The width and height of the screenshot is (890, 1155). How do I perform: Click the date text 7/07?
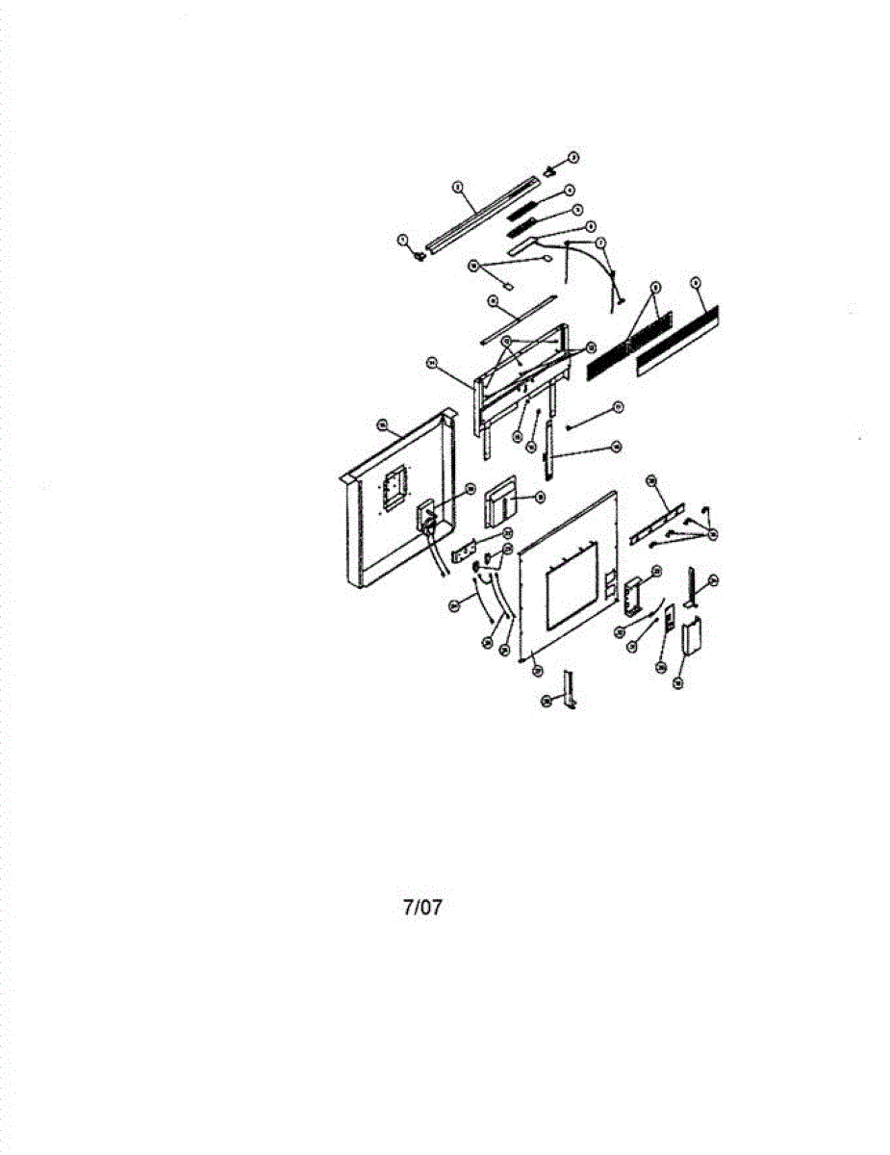click(422, 907)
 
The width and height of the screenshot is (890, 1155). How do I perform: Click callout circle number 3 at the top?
click(572, 156)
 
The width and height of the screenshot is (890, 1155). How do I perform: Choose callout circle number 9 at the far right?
click(697, 284)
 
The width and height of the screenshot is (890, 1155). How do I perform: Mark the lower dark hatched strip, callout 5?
click(524, 226)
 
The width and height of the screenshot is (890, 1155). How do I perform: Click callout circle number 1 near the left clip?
click(403, 239)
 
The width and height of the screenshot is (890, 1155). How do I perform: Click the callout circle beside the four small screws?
click(712, 535)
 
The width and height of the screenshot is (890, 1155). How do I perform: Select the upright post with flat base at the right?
click(692, 588)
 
